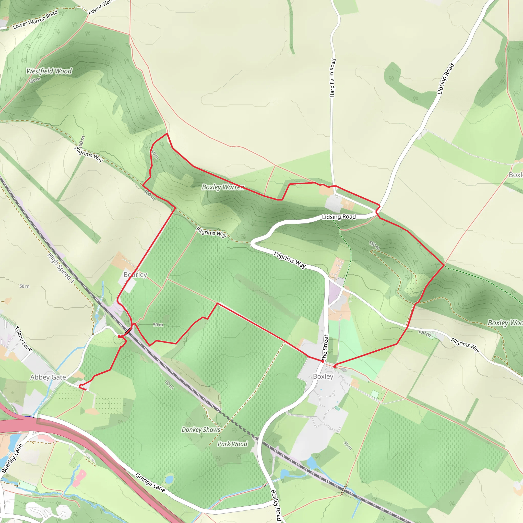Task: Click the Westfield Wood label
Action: (49, 71)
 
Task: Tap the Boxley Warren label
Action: (223, 187)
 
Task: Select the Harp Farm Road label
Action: (333, 78)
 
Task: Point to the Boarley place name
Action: (135, 275)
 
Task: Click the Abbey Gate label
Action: (48, 377)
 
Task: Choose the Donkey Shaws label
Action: (201, 430)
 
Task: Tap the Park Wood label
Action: (233, 444)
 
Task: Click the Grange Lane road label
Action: (150, 483)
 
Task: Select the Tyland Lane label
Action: (23, 339)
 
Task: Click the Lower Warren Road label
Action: (35, 19)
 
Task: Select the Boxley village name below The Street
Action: (323, 377)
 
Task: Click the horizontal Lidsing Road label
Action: (339, 217)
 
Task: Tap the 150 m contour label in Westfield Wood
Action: (35, 80)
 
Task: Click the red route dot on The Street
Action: (323, 361)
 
